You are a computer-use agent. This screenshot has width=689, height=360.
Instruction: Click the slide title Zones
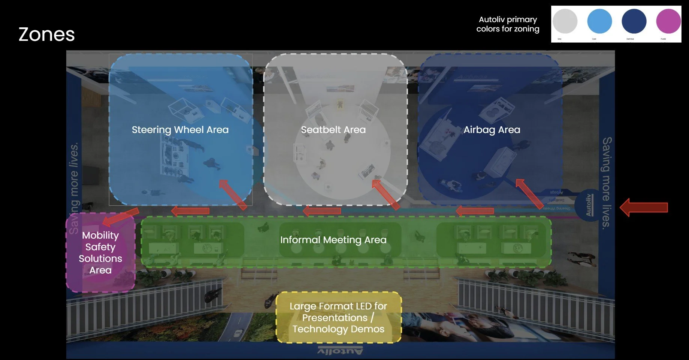(46, 34)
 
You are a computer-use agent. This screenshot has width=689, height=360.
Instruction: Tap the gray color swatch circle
(565, 21)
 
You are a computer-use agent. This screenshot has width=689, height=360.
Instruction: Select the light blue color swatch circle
(599, 21)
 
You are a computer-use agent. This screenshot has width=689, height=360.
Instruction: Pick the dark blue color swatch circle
(634, 21)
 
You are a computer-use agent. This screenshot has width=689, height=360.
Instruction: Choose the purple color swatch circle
(668, 21)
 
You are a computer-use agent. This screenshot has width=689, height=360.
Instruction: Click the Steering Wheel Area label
(180, 130)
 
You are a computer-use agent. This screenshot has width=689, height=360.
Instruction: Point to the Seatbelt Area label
(333, 130)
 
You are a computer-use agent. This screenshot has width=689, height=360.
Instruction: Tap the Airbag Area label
(492, 130)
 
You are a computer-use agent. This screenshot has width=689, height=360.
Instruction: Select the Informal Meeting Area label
(333, 240)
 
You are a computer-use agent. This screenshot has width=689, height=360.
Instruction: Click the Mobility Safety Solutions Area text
(100, 252)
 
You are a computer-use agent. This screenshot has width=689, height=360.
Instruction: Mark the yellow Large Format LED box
(338, 317)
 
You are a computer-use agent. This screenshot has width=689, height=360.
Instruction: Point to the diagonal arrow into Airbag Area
(529, 193)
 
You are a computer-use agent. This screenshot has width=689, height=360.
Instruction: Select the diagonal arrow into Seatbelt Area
(386, 194)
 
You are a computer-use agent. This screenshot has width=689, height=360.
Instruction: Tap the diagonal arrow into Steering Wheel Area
(233, 194)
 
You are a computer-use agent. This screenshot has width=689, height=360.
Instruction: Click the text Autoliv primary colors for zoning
(508, 24)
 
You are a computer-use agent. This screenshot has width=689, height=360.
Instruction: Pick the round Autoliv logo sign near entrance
(589, 205)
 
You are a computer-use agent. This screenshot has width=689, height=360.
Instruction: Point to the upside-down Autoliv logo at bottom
(340, 351)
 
